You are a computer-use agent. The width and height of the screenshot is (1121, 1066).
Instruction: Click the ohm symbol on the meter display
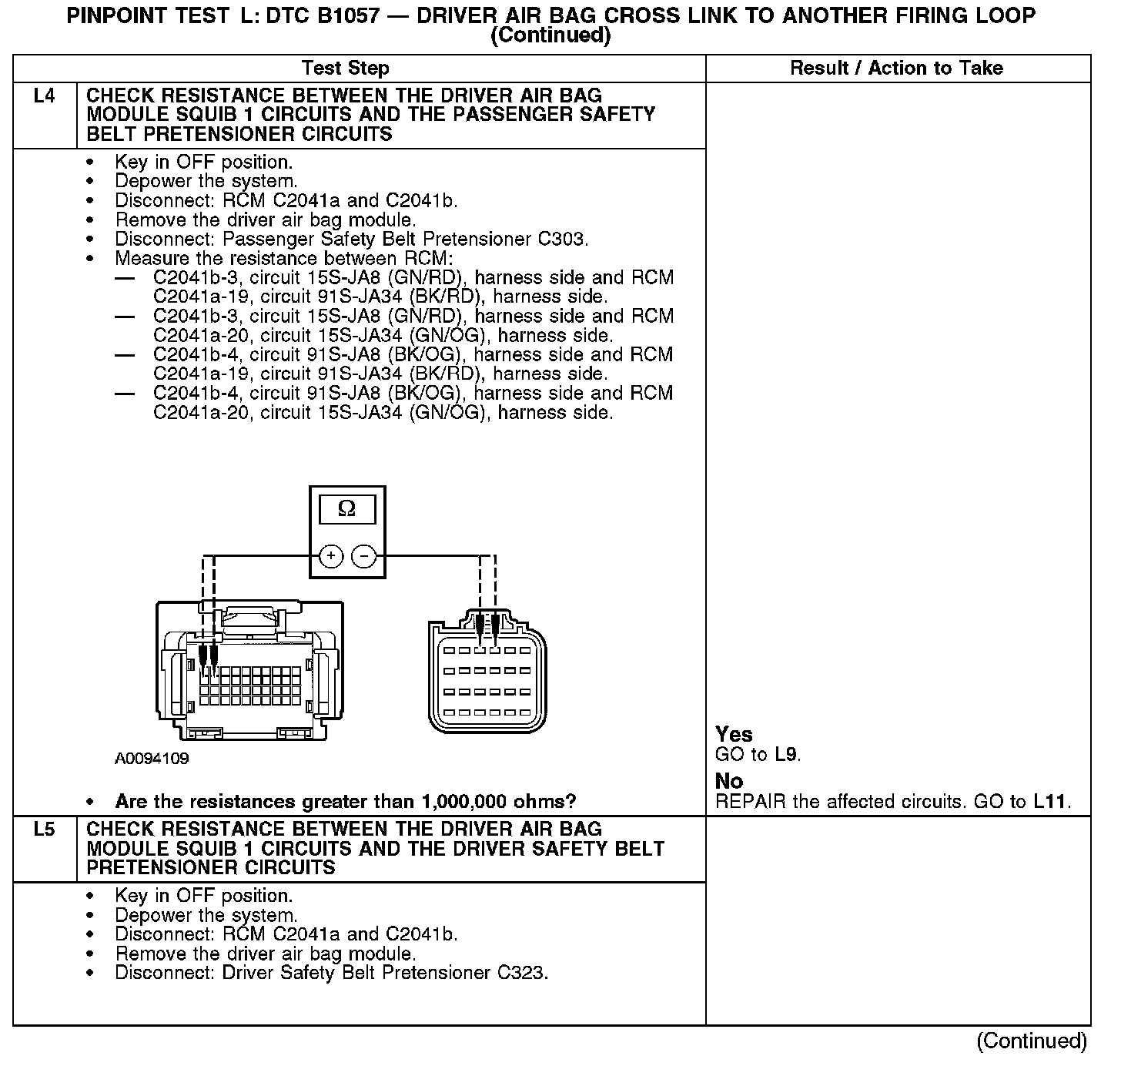[x=347, y=509]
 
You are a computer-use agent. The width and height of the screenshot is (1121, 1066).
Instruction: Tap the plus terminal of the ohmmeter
[x=330, y=556]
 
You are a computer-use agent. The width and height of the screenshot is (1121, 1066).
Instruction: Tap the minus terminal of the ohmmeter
[x=364, y=556]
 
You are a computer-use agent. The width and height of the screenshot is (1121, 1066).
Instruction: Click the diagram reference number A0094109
[x=152, y=759]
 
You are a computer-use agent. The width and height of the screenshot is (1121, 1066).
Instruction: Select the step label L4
[x=45, y=96]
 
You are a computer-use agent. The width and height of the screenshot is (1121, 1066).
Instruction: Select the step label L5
[x=45, y=830]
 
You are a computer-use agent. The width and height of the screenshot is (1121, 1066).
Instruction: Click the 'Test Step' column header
[x=346, y=68]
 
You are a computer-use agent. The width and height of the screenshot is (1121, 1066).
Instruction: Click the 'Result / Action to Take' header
[x=896, y=68]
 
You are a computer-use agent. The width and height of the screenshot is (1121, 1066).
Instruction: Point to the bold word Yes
[x=734, y=734]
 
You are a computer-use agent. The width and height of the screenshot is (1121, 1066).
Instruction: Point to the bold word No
[x=729, y=781]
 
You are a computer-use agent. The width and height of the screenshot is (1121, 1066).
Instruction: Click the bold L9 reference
[x=786, y=754]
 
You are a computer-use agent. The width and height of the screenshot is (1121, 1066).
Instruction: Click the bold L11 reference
[x=1050, y=801]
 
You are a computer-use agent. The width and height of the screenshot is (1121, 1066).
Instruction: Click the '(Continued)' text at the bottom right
[x=1032, y=1041]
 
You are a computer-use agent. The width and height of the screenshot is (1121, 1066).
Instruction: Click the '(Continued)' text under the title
[x=550, y=35]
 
